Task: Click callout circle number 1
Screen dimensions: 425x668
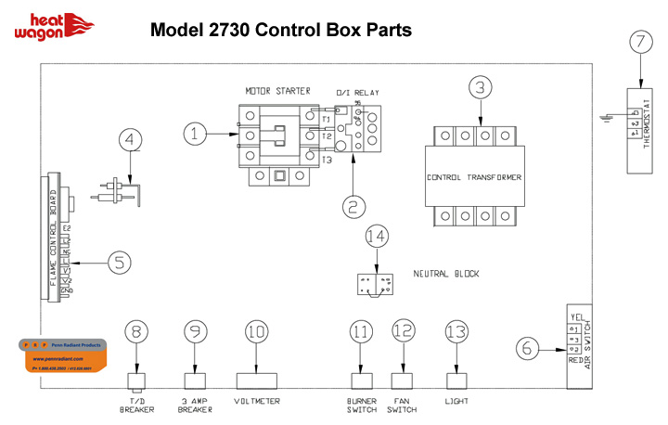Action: [196, 135]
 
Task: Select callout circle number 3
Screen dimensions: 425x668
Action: [479, 88]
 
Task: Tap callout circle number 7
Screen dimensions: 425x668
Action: [637, 42]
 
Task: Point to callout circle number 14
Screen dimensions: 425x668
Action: [375, 237]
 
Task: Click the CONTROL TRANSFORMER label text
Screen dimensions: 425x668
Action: [474, 177]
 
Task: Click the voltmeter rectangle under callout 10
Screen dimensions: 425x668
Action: [259, 380]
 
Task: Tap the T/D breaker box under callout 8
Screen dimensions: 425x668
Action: [137, 380]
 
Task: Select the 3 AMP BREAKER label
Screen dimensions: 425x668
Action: [195, 406]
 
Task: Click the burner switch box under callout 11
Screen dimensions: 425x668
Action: [362, 380]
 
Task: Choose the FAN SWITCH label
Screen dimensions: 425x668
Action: [403, 406]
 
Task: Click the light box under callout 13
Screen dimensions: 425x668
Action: [455, 380]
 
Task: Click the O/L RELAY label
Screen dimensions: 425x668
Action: [357, 92]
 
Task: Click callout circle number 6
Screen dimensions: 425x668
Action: [527, 348]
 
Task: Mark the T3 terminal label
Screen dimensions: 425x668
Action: [326, 161]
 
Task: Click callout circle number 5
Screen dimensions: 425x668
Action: [119, 263]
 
